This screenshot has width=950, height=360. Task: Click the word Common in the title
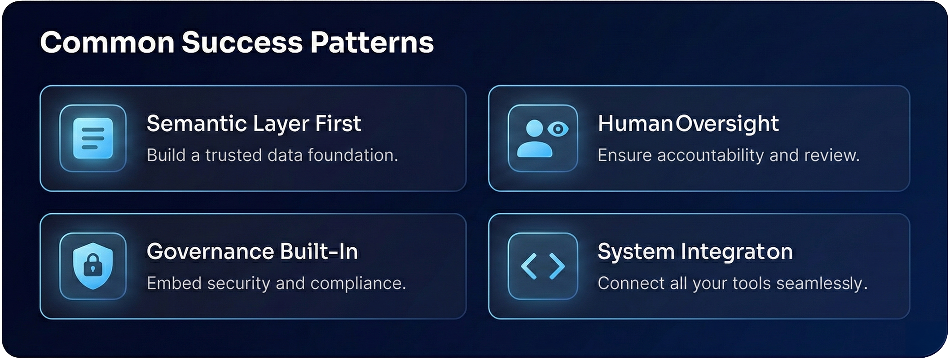[x=107, y=43]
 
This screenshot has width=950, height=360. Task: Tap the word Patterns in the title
[x=372, y=43]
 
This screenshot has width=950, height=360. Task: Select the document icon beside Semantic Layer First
[x=93, y=138]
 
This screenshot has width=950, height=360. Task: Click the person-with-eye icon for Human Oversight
[x=543, y=138]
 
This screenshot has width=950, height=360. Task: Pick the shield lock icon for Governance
[x=93, y=266]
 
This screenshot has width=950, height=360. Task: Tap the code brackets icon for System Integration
[x=543, y=266]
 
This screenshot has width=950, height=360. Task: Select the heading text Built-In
[x=319, y=251]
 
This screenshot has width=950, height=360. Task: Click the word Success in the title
[x=242, y=43]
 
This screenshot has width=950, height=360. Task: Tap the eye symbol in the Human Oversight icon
[x=558, y=129]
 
